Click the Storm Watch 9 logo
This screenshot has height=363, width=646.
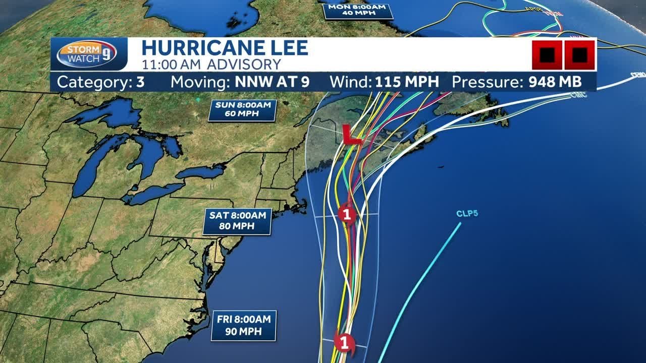coord(87,53)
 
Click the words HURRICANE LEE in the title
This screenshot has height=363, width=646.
coord(225,48)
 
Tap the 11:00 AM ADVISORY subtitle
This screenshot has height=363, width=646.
coord(211,65)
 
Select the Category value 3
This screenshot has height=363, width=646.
coord(140,82)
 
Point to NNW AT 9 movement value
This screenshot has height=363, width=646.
coord(271,82)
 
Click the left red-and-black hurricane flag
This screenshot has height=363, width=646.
coord(547,54)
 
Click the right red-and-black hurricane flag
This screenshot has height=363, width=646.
coord(579,54)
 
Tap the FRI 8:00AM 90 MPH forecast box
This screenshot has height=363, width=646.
coord(244,325)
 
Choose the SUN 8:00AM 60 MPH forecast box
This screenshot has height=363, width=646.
coord(242,110)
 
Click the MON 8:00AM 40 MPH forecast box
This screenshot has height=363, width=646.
coord(358,10)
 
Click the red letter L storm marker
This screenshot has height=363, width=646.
coord(351,135)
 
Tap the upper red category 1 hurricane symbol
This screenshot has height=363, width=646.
coord(347,214)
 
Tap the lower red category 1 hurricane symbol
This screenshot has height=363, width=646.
coord(345,343)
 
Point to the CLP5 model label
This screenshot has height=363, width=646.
coord(467,214)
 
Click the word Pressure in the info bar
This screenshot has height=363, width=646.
coord(488,82)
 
